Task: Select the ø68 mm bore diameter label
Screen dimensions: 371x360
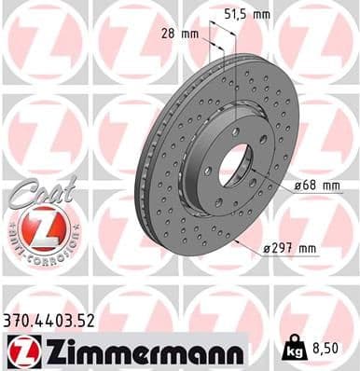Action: [x=318, y=185]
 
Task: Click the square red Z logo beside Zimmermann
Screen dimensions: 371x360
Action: [x=20, y=351]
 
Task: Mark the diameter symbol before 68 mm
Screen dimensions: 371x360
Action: [x=298, y=185]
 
